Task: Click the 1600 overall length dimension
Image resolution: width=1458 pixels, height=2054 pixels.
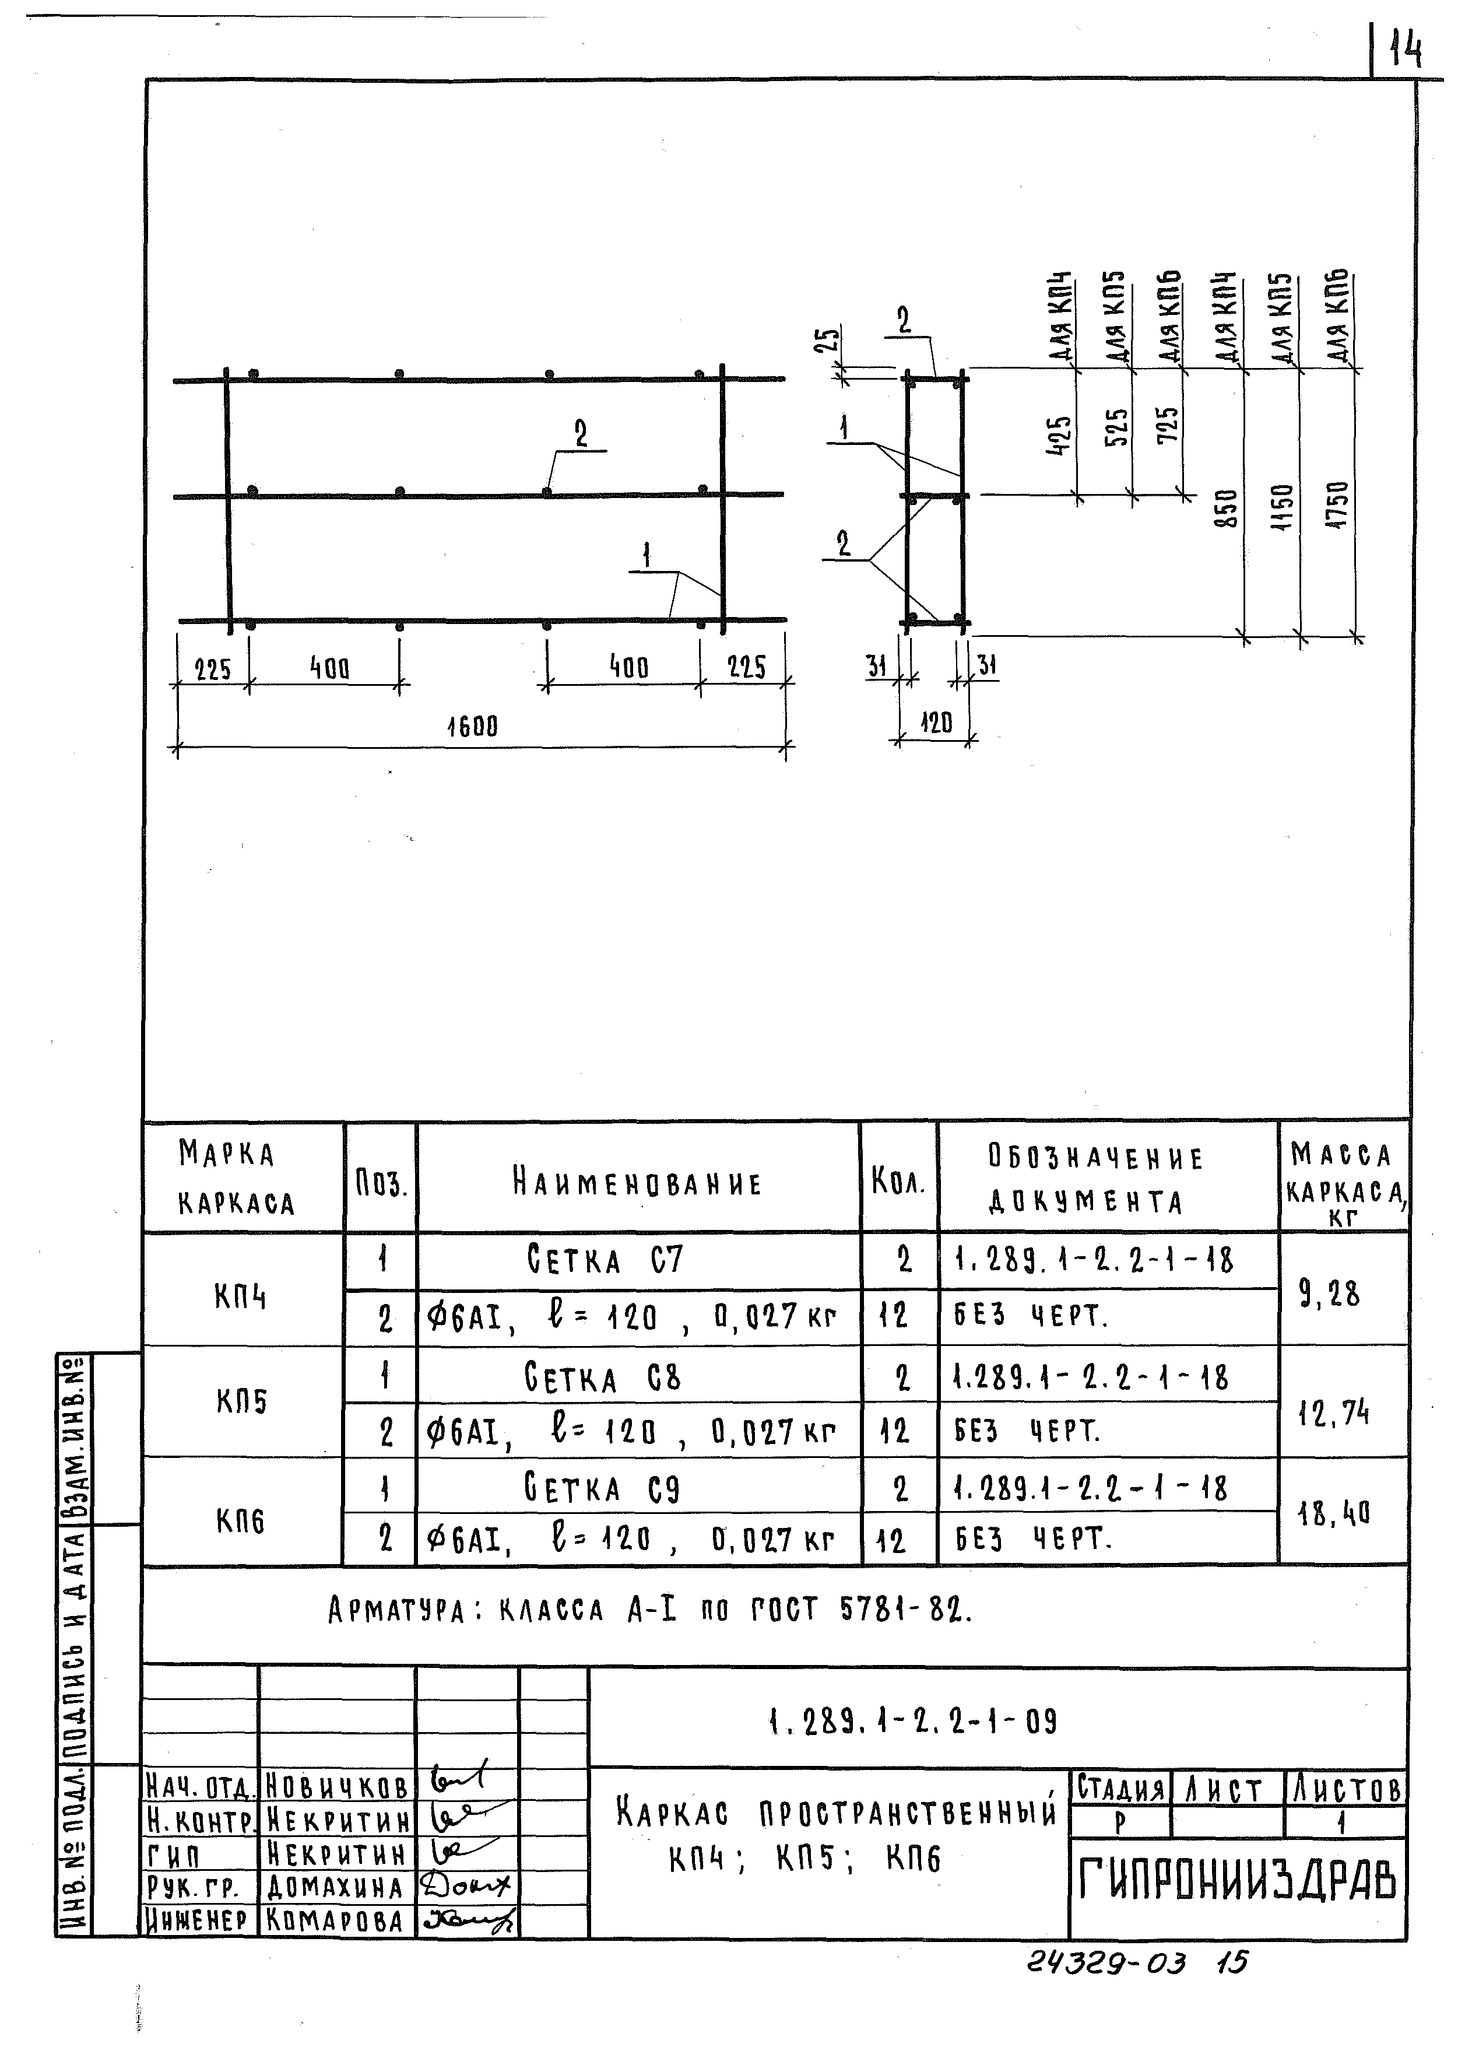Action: click(472, 725)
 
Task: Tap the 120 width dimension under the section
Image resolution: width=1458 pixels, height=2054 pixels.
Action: click(936, 722)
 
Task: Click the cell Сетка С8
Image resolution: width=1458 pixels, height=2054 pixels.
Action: click(602, 1379)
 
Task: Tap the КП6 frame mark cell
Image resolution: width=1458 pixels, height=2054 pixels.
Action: click(241, 1520)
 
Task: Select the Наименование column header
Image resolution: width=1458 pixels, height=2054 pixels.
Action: click(637, 1182)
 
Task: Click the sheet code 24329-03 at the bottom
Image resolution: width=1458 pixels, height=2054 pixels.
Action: click(1106, 1963)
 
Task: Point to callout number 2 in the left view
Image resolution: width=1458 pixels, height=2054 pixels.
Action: click(581, 434)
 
